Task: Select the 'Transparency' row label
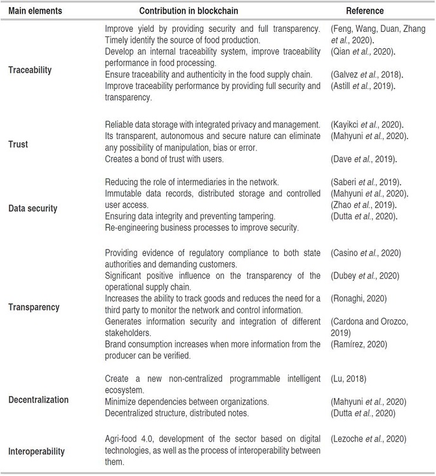click(x=34, y=307)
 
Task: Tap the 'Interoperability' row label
click(x=39, y=451)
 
